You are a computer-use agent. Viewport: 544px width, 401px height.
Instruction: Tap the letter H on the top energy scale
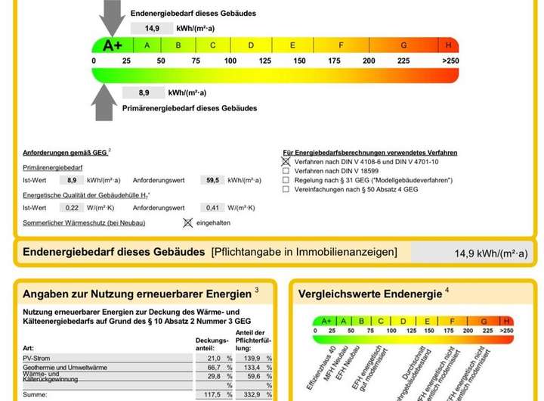[x=449, y=45]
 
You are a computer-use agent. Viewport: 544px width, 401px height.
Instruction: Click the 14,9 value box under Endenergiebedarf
[x=152, y=28]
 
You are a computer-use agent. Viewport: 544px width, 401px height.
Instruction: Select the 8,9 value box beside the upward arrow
[x=144, y=92]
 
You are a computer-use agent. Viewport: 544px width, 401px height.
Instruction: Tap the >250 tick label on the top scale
[x=450, y=61]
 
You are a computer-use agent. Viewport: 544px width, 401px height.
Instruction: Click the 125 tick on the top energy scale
[x=264, y=61]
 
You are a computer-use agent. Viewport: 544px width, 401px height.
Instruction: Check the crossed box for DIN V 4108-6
[x=286, y=161]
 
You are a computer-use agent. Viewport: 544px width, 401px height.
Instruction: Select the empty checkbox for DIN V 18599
[x=286, y=171]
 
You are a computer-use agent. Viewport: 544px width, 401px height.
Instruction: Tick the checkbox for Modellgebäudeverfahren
[x=286, y=180]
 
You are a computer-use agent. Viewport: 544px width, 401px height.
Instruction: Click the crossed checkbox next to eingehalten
[x=188, y=222]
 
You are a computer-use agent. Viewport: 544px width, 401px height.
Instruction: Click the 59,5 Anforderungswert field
[x=212, y=181]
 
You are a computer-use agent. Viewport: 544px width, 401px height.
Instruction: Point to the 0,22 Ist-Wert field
[x=73, y=207]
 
